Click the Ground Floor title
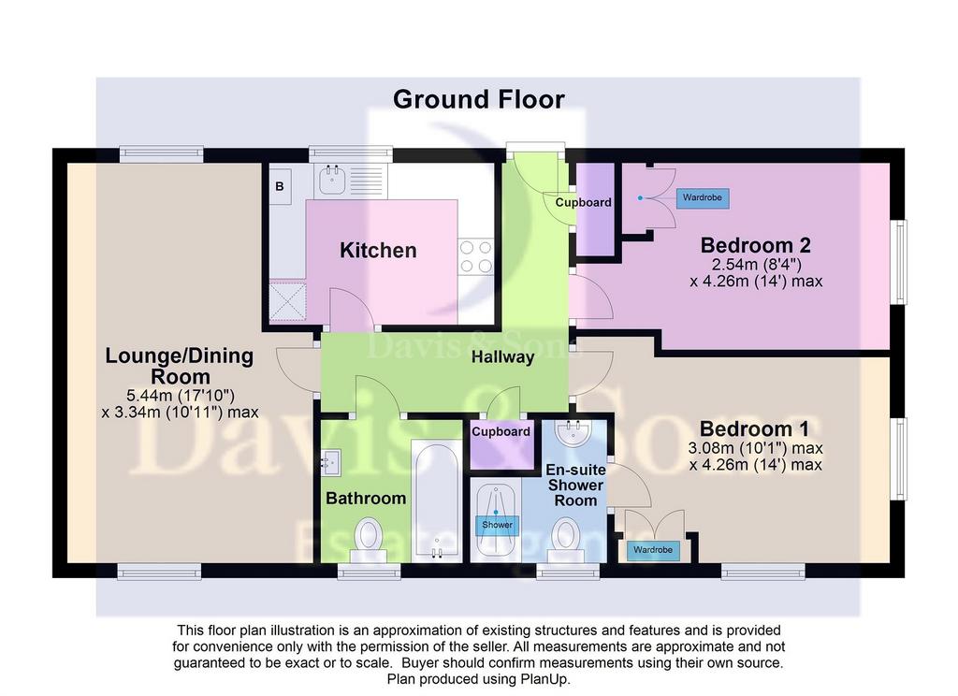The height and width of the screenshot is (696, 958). coord(478,99)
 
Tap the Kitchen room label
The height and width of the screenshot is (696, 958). coord(378,251)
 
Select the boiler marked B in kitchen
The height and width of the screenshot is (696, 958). coord(280,186)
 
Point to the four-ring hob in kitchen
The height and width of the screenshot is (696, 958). coord(476,256)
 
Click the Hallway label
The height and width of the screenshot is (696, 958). coord(502,356)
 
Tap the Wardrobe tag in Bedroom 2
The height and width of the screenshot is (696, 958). coord(703,198)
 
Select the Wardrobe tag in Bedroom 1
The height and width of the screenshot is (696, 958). coord(652,550)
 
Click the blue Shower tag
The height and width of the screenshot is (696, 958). coord(498,525)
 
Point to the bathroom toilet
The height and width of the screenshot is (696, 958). coord(369,540)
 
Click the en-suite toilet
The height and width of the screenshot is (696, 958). coord(566,540)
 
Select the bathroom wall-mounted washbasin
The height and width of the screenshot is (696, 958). coord(330,462)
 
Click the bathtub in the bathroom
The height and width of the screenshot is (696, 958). coord(436,501)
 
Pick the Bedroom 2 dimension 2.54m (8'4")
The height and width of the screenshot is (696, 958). coord(756,265)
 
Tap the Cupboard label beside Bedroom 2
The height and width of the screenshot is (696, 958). coord(584,202)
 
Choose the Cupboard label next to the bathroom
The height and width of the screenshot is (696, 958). coord(501,431)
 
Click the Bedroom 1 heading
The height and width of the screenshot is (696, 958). coord(755,428)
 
